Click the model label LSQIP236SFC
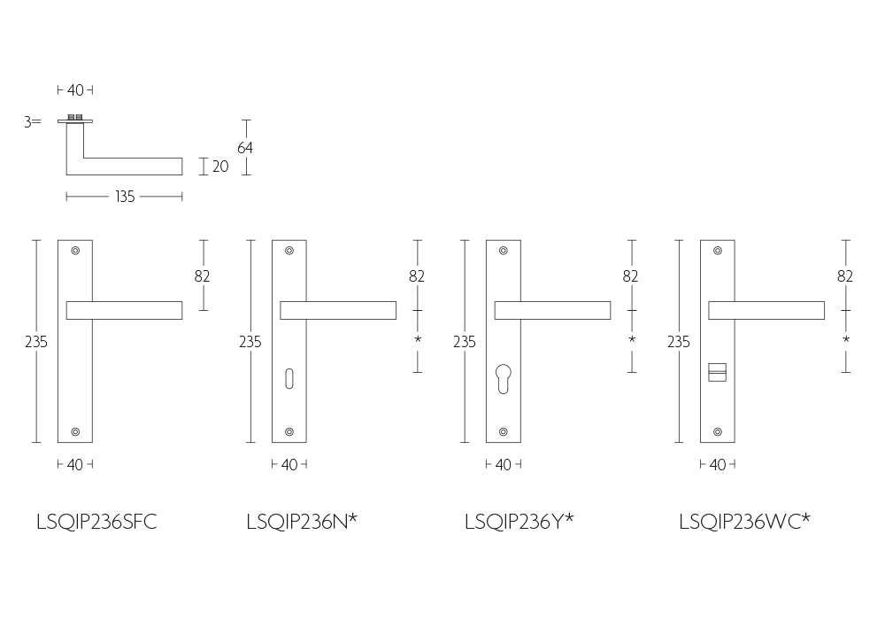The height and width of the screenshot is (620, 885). pyautogui.click(x=96, y=522)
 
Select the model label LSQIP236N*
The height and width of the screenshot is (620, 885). pyautogui.click(x=302, y=521)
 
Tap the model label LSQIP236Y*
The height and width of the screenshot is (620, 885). pyautogui.click(x=519, y=521)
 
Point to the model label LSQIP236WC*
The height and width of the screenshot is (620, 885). pyautogui.click(x=744, y=521)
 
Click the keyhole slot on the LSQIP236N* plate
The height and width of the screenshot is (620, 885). pyautogui.click(x=289, y=379)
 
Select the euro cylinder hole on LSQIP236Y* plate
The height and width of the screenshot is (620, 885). pyautogui.click(x=504, y=379)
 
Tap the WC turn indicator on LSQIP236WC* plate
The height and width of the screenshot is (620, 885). pyautogui.click(x=718, y=373)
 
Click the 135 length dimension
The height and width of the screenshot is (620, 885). pyautogui.click(x=125, y=197)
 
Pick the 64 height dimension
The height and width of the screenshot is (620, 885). pyautogui.click(x=245, y=148)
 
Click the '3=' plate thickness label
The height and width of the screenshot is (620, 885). pyautogui.click(x=33, y=121)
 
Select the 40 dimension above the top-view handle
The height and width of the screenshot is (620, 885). pyautogui.click(x=75, y=90)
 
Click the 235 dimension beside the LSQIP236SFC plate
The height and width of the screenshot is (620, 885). pyautogui.click(x=36, y=342)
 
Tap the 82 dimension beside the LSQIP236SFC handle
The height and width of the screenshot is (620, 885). pyautogui.click(x=202, y=276)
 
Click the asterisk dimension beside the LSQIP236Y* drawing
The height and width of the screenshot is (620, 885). pyautogui.click(x=632, y=339)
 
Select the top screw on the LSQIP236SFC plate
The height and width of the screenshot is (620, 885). pyautogui.click(x=75, y=251)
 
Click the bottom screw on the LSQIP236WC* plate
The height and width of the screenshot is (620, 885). pyautogui.click(x=718, y=432)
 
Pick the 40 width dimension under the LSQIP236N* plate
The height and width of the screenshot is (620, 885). pyautogui.click(x=289, y=465)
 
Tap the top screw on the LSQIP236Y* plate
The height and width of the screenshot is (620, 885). pyautogui.click(x=504, y=251)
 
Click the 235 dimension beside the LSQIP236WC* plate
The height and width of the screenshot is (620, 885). pyautogui.click(x=679, y=342)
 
